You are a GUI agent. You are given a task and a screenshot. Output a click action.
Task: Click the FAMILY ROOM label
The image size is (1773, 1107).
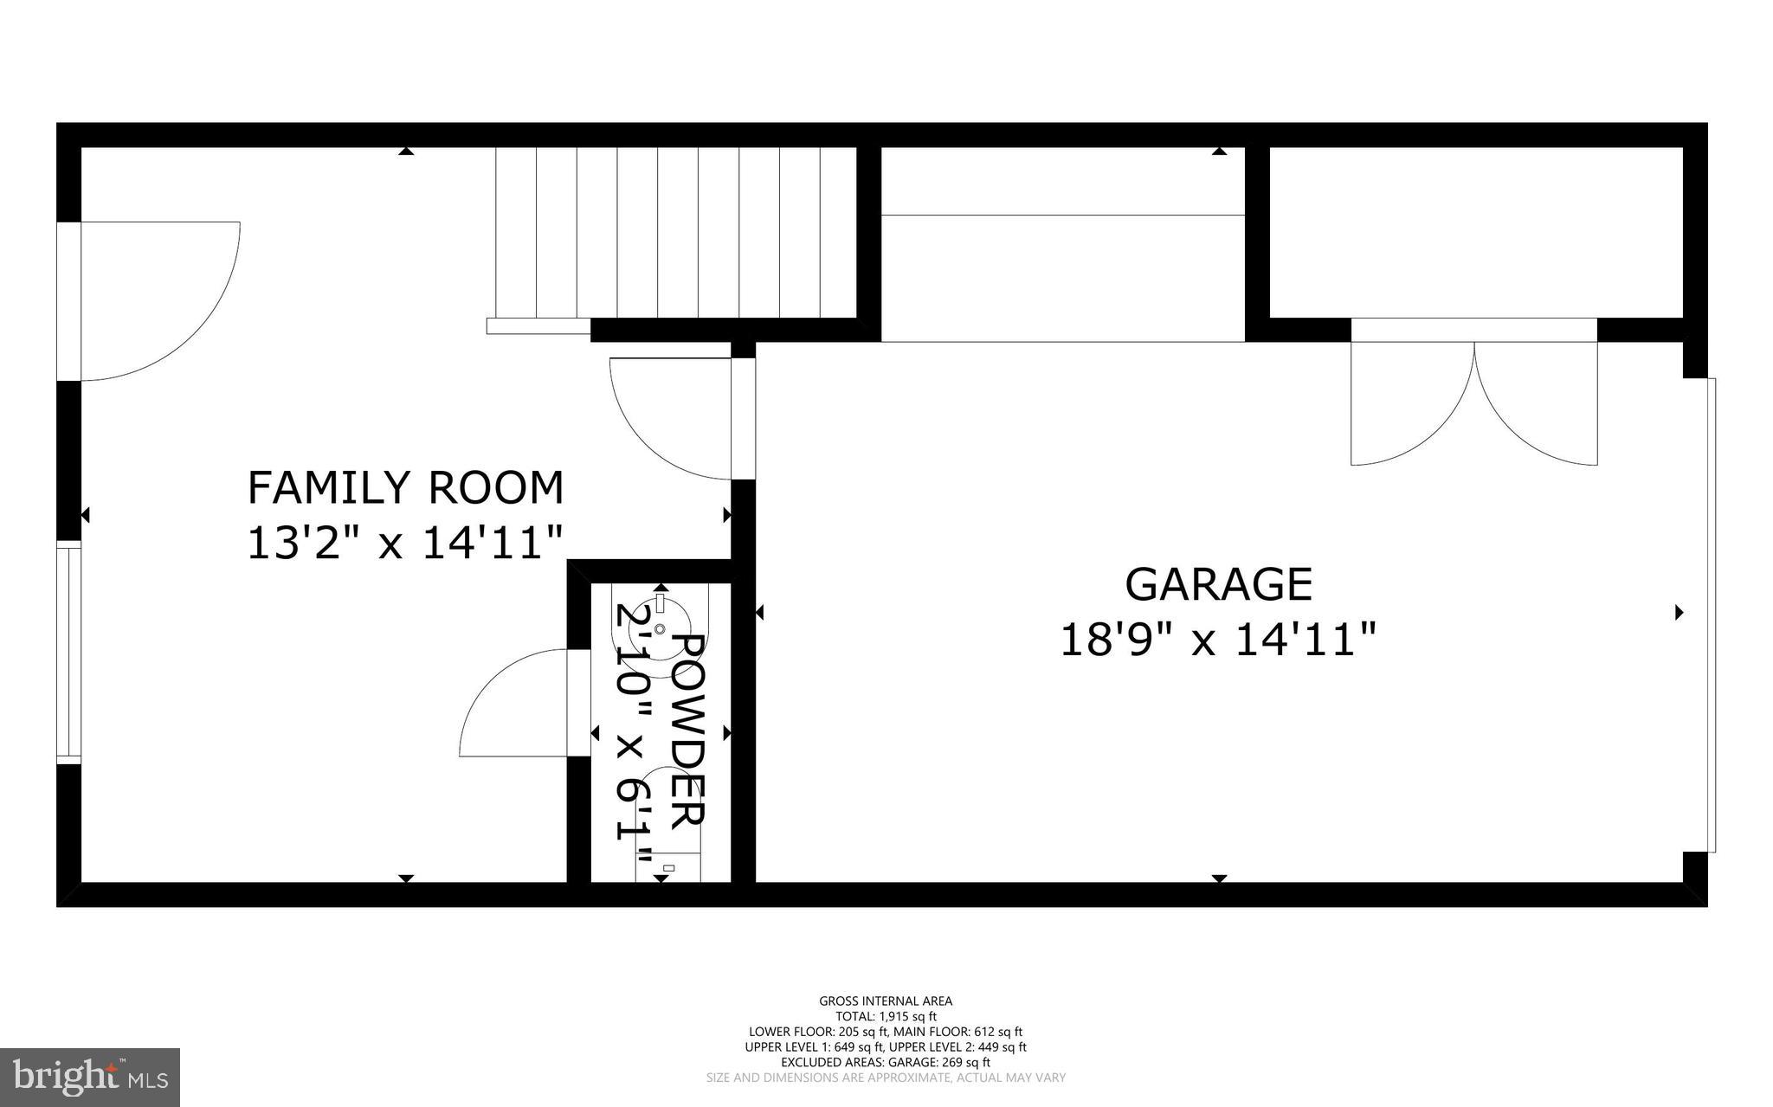coord(405,488)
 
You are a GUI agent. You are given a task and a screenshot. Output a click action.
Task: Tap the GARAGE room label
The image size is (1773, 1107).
coord(1218,584)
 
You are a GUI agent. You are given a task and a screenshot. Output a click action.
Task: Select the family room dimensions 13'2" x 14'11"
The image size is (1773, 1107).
coord(405,544)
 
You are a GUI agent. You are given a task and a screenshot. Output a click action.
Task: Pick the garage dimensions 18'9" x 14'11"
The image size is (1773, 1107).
coord(1218,641)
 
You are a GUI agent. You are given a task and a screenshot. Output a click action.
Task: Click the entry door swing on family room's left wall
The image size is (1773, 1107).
coord(156,299)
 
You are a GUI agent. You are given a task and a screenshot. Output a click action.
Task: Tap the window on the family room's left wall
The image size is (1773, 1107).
coord(68,653)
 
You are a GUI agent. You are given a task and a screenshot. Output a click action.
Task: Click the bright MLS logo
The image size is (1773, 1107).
coord(90,1077)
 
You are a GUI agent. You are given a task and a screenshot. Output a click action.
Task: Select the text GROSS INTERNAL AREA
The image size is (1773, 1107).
coord(886,1001)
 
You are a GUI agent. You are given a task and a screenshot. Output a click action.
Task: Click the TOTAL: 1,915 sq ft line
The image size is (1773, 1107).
coord(886,1017)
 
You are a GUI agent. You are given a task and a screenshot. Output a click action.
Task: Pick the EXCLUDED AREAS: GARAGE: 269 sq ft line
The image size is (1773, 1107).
coord(886,1062)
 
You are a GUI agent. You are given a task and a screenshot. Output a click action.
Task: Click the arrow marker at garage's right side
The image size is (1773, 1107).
coord(1679,613)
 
